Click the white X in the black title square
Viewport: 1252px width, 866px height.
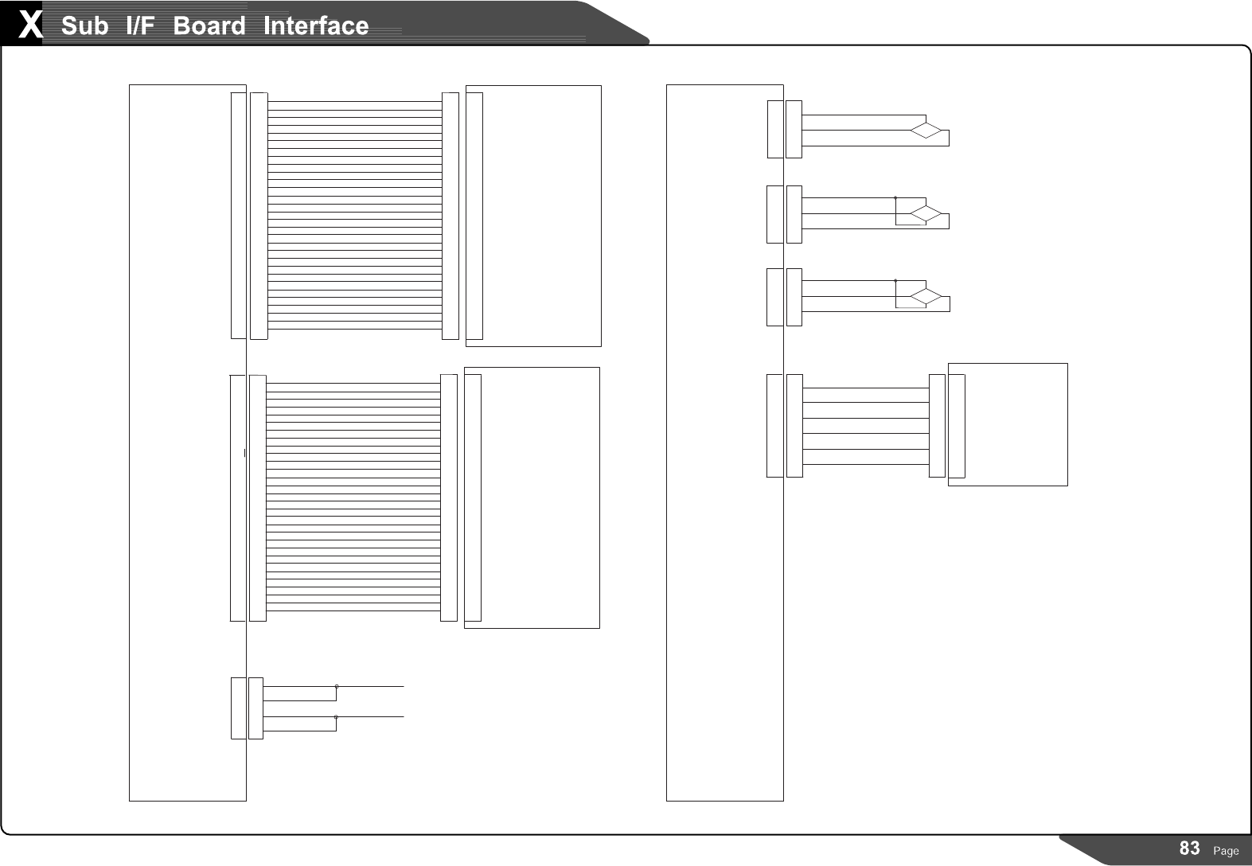coord(29,25)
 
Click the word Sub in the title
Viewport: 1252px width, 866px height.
coord(84,25)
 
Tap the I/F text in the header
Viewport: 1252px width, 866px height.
coord(140,25)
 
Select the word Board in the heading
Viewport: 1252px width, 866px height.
coord(209,25)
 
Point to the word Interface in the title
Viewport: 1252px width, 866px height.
coord(316,25)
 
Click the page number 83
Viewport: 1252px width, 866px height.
coord(1189,848)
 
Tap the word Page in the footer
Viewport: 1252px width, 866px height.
coord(1226,851)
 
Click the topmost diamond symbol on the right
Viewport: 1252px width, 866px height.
coord(926,131)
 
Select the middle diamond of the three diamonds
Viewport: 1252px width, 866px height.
coord(926,213)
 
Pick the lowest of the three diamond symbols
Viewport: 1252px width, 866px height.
coord(926,297)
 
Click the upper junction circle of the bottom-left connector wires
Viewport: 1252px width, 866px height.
coord(337,686)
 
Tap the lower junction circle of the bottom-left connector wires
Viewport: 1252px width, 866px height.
coord(336,717)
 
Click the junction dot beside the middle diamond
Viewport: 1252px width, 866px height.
coord(895,197)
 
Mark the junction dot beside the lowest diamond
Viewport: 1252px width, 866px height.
coord(895,280)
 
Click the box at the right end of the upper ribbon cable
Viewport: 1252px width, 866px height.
coord(541,216)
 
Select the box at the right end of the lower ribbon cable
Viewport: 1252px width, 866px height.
coord(540,497)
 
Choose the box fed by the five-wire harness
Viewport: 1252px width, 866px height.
coord(1016,424)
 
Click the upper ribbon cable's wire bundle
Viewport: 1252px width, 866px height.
coord(354,215)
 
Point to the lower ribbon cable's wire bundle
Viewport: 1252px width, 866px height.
coord(353,497)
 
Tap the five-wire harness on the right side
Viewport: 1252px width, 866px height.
coord(866,426)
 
